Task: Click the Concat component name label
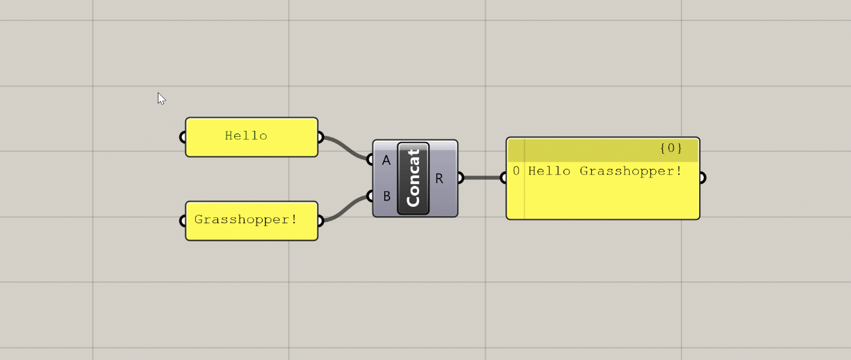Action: click(x=413, y=178)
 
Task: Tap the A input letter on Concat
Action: click(x=386, y=160)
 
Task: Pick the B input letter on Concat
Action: click(x=386, y=196)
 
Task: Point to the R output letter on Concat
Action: click(x=439, y=178)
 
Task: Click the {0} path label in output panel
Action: click(x=671, y=149)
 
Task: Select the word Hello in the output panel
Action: click(x=550, y=171)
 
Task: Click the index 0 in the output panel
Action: click(x=516, y=171)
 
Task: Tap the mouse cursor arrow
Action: click(x=161, y=98)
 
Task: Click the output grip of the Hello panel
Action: click(x=319, y=137)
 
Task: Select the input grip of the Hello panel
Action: click(x=183, y=137)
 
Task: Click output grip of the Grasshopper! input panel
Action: click(x=319, y=221)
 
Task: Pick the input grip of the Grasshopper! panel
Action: click(x=183, y=221)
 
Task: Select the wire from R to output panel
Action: click(x=482, y=177)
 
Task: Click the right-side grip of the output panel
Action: click(x=702, y=177)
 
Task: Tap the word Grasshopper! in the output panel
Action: click(x=631, y=171)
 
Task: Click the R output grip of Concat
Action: click(x=460, y=177)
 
